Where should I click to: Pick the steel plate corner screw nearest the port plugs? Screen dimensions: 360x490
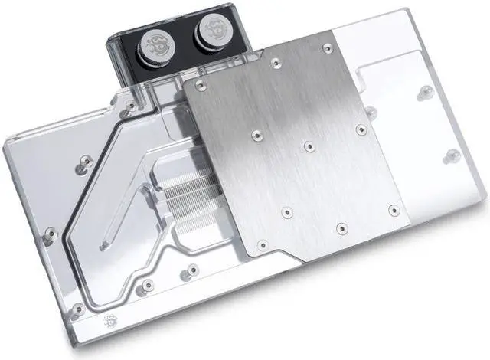tap(201, 85)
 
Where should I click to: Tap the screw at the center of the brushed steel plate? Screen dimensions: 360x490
tap(309, 146)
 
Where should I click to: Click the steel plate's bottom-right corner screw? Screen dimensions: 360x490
tap(394, 208)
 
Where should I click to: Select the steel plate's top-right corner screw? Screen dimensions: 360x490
tap(328, 47)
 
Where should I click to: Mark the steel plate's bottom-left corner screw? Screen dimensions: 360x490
tap(263, 245)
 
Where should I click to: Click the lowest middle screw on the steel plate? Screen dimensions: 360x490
tap(341, 228)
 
